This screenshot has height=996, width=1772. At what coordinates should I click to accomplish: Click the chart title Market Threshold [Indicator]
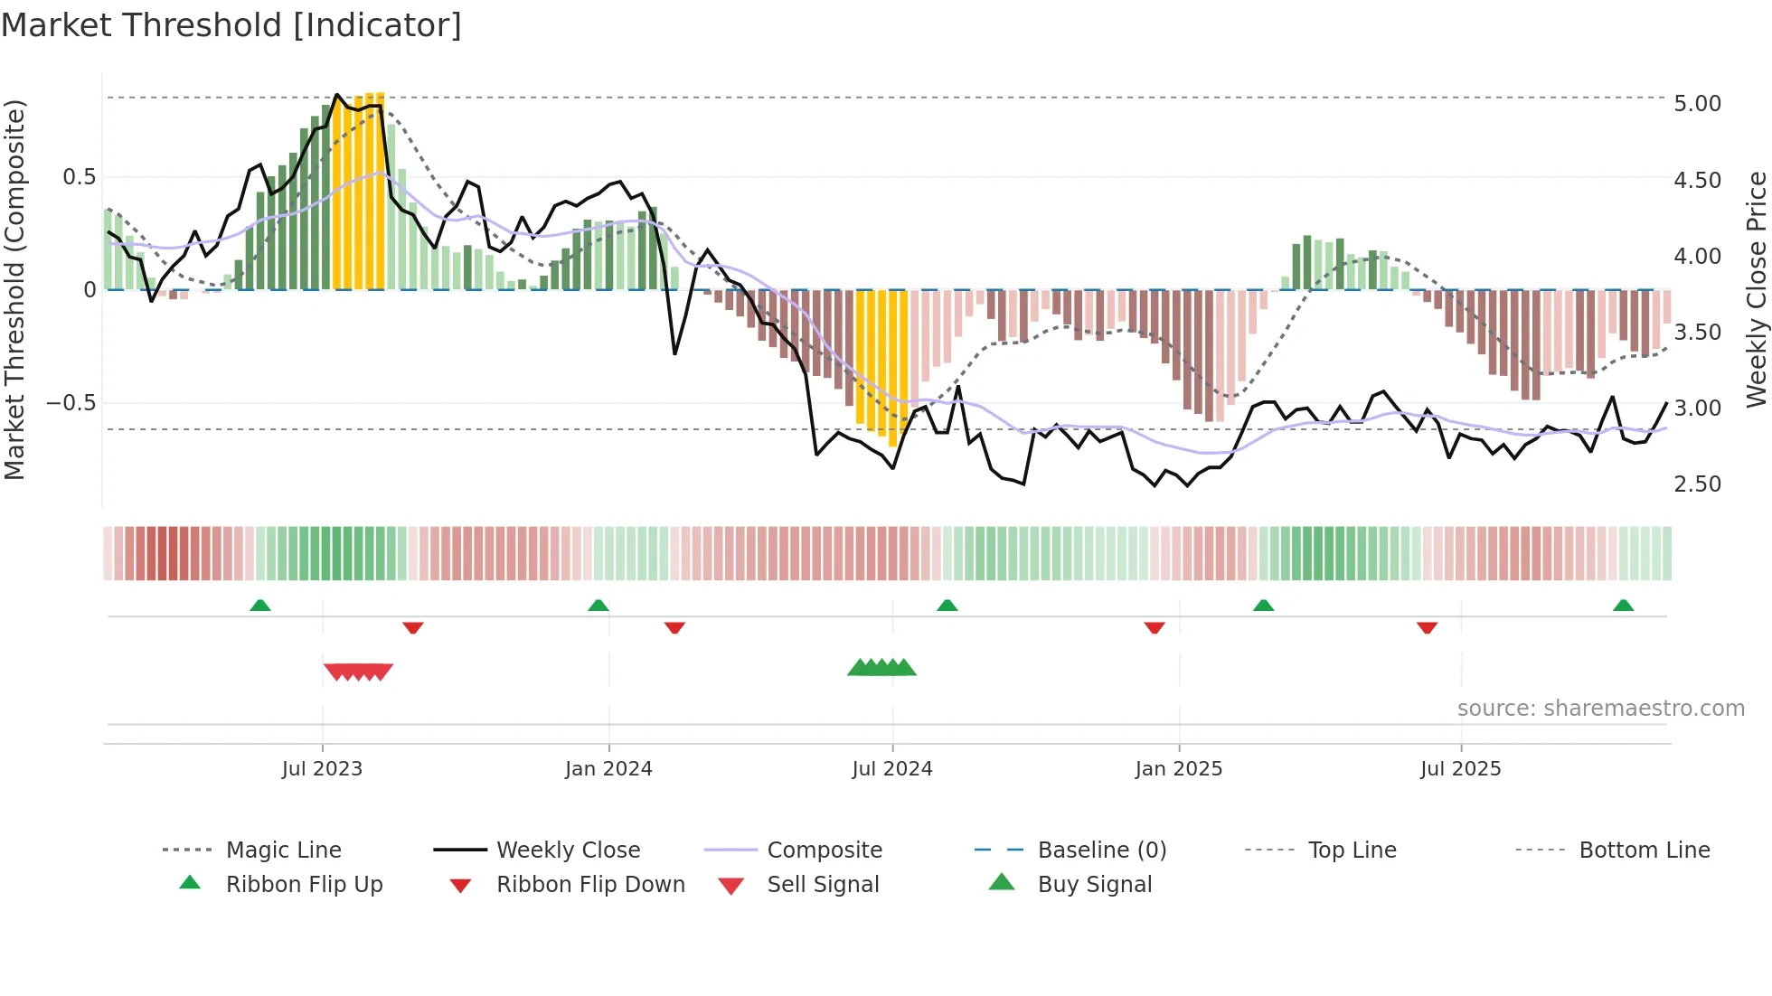[231, 25]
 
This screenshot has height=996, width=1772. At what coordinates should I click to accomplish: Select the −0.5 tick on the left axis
[71, 403]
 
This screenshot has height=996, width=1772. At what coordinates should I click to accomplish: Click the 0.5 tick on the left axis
[79, 177]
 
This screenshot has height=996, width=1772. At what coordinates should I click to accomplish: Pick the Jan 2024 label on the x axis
[608, 769]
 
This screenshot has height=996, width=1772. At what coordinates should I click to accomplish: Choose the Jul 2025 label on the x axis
[1460, 769]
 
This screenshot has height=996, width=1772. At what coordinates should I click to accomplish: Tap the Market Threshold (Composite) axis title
[15, 289]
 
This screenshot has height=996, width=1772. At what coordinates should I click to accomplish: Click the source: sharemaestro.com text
[1600, 709]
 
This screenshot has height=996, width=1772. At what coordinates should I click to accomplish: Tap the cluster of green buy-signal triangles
[881, 668]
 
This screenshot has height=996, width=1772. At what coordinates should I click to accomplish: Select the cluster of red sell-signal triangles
[358, 672]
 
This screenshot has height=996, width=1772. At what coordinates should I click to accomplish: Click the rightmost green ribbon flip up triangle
[1623, 606]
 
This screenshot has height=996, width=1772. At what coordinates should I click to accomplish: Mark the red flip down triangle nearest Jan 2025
[1154, 627]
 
